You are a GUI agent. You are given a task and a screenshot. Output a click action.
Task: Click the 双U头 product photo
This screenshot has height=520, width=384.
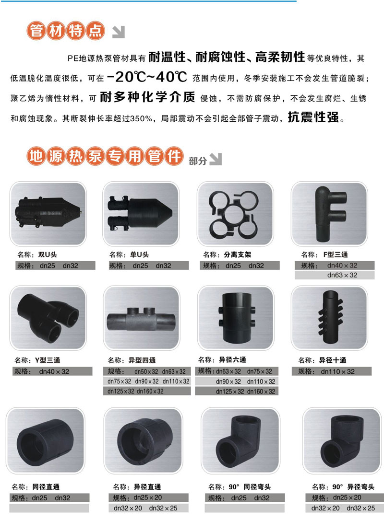pyautogui.click(x=48, y=214)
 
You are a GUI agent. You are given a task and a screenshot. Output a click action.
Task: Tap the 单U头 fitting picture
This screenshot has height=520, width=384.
pyautogui.click(x=141, y=214)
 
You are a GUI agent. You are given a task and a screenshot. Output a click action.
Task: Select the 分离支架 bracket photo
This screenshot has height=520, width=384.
pyautogui.click(x=235, y=214)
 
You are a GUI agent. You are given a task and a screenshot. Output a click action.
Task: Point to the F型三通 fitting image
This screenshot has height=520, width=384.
pyautogui.click(x=329, y=214)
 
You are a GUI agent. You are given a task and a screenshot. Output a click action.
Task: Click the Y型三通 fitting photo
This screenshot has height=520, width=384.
pyautogui.click(x=48, y=318)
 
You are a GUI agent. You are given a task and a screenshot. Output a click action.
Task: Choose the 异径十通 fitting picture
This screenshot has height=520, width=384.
pyautogui.click(x=329, y=318)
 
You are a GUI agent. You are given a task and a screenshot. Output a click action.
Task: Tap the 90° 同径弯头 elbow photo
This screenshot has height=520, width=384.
pyautogui.click(x=241, y=441)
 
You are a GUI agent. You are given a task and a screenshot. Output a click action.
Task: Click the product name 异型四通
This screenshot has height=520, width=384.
pyautogui.click(x=142, y=360)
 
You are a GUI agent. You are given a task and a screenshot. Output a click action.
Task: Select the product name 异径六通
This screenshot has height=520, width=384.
pyautogui.click(x=232, y=360)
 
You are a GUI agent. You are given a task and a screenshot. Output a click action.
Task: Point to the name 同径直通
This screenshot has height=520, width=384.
pyautogui.click(x=46, y=487)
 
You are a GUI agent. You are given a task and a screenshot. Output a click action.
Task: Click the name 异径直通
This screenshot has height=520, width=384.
pyautogui.click(x=147, y=487)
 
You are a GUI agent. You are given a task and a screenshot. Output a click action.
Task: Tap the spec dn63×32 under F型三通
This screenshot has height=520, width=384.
pyautogui.click(x=342, y=275)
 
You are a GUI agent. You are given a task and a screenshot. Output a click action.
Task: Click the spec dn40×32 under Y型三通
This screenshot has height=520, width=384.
pyautogui.click(x=54, y=371)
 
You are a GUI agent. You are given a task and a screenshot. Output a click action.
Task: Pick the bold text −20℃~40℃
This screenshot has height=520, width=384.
pyautogui.click(x=147, y=77)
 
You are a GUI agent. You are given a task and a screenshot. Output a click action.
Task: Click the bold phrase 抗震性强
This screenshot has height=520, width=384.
pyautogui.click(x=313, y=117)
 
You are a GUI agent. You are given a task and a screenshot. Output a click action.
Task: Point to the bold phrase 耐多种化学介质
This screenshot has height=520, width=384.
pyautogui.click(x=147, y=97)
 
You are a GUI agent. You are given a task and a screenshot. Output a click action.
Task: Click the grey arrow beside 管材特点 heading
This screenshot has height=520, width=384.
pyautogui.click(x=119, y=32)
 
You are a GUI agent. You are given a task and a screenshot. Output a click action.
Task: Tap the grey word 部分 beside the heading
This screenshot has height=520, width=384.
pyautogui.click(x=198, y=161)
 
